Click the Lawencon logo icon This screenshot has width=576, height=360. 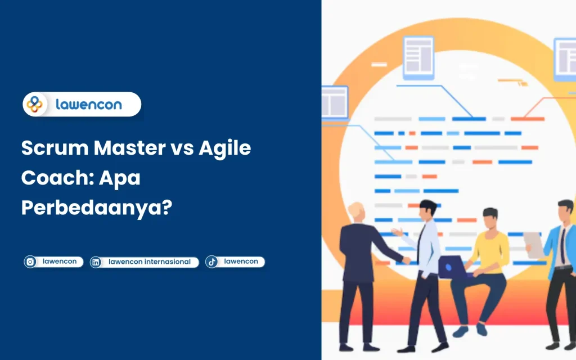pyautogui.click(x=34, y=104)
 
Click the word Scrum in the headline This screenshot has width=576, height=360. pyautogui.click(x=55, y=148)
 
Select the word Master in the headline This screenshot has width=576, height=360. pyautogui.click(x=129, y=148)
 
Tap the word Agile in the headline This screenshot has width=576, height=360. pyautogui.click(x=225, y=148)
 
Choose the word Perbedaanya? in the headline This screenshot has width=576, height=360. pyautogui.click(x=97, y=208)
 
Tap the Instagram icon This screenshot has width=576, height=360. pyautogui.click(x=30, y=262)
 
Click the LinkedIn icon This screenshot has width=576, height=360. pyautogui.click(x=96, y=262)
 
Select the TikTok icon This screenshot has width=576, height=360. pyautogui.click(x=211, y=262)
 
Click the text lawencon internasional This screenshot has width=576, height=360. pyautogui.click(x=150, y=262)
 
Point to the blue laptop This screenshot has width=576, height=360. pyautogui.click(x=452, y=267)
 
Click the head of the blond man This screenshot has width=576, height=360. pyautogui.click(x=356, y=212)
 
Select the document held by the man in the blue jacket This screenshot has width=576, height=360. pyautogui.click(x=533, y=245)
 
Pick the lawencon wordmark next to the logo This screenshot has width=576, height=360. pyautogui.click(x=88, y=104)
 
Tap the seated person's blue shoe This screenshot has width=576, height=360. pyautogui.click(x=461, y=332)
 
